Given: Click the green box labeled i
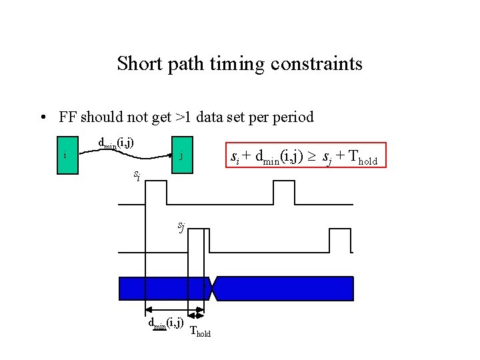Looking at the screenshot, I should pos(66,157).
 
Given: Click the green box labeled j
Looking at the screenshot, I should pos(181,157).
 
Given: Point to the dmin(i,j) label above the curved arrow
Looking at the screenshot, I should pos(115,143).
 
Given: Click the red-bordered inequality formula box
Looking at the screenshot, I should pos(307,157).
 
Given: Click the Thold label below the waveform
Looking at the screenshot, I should pos(200,331).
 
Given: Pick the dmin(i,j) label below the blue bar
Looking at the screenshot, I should pos(165,324).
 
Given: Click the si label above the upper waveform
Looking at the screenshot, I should pos(136,176).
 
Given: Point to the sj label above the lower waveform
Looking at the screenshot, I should pos(181,227).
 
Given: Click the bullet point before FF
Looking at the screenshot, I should pos(43,118).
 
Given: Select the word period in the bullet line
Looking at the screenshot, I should pos(291,118).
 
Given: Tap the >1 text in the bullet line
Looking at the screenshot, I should pos(183,118).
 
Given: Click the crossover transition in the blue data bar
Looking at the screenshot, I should pos(212,289).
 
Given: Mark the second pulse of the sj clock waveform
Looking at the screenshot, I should pos(339,240).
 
